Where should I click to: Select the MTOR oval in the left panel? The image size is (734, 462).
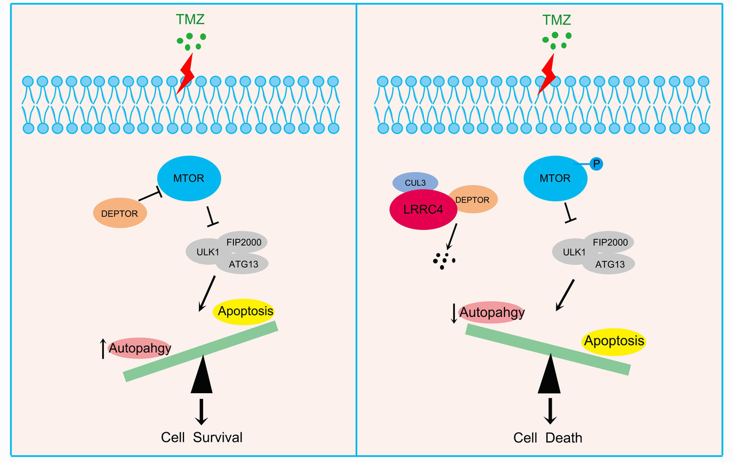pos(189,178)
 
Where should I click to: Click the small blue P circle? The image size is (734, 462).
pos(596,165)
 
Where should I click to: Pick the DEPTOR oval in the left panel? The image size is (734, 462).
pos(120,214)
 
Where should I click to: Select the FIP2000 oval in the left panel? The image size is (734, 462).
pos(243,242)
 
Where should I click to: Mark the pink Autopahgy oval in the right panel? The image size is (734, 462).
pos(492,312)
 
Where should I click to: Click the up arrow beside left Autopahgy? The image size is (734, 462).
pos(103,348)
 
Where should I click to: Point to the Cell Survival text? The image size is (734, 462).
pos(201,437)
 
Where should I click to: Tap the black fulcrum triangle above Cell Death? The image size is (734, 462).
pos(549,375)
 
